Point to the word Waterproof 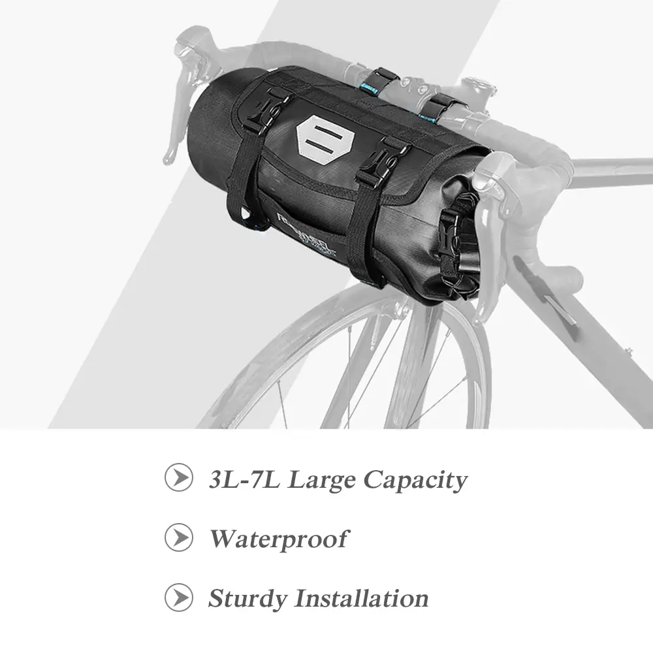coord(278,539)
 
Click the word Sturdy coord(247,598)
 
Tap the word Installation coord(361,597)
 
